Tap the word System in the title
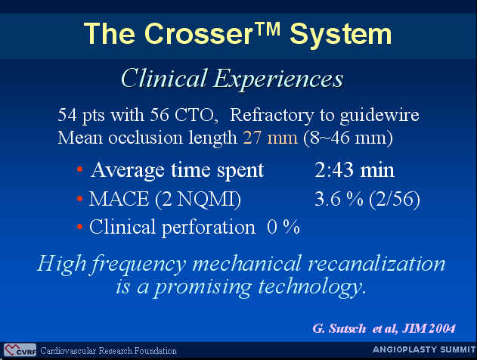(x=341, y=35)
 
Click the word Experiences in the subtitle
(x=278, y=79)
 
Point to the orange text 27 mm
(x=270, y=138)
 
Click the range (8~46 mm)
(x=348, y=138)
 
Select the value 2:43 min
(x=355, y=170)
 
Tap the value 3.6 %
(x=339, y=200)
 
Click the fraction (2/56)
(x=395, y=200)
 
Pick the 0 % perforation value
(x=283, y=227)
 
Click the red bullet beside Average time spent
(x=79, y=169)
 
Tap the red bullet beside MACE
(x=79, y=199)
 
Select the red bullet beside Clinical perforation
(x=79, y=227)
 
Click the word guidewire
(x=379, y=116)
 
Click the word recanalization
(x=376, y=263)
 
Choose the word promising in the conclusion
(x=203, y=287)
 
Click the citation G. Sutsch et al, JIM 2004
(x=384, y=328)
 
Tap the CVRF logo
(x=20, y=350)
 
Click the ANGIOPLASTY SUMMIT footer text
(x=424, y=349)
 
